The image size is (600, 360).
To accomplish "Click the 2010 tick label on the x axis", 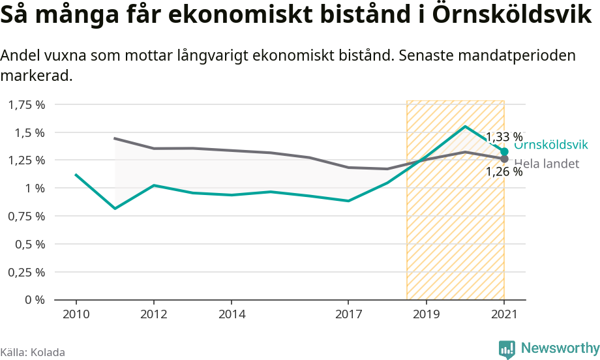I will pos(76,314).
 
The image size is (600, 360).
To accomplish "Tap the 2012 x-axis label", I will pos(153,314).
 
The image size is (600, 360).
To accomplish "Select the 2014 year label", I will pos(232,314).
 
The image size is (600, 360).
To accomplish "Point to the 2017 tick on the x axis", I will pos(348,314).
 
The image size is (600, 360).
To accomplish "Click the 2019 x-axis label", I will pos(426,314).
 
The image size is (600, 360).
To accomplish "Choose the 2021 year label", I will pos(503,314).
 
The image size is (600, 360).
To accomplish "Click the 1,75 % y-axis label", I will pos(27,104).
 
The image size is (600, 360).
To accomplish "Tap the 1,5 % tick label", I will pos(30,132).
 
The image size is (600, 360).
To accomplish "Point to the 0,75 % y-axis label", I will pos(27,216).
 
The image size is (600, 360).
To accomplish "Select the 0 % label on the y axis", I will pos(35,300).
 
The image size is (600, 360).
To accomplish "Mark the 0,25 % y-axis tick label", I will pos(27,272).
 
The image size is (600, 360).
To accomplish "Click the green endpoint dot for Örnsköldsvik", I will pos(504,151).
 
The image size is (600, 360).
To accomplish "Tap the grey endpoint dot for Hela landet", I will pos(504,158).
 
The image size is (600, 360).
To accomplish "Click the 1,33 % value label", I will pos(504,137).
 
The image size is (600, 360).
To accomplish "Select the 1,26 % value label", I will pos(504,172).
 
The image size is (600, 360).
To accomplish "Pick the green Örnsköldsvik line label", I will pos(552,145).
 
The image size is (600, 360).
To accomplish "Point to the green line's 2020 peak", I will pos(465,127).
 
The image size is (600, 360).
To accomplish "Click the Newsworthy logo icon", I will pos(507,349).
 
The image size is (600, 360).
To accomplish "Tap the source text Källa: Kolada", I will pos(33,352).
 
